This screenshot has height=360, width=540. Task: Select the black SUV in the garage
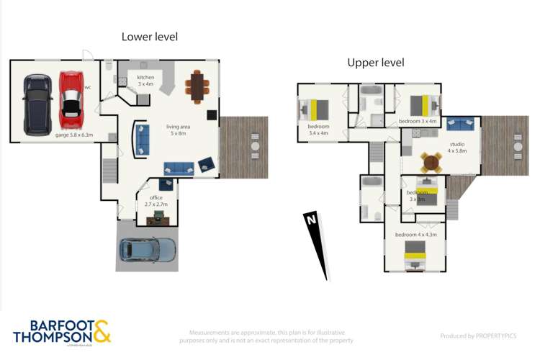37,104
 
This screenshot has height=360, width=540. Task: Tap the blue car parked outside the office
147,251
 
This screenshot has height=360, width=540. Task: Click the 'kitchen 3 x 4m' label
146,81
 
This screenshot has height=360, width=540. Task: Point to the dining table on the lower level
197,86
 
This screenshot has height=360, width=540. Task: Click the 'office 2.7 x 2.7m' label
156,201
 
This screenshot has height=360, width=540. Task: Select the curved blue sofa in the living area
140,139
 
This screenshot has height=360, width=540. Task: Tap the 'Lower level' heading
149,37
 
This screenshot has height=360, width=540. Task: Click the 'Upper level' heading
375,63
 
